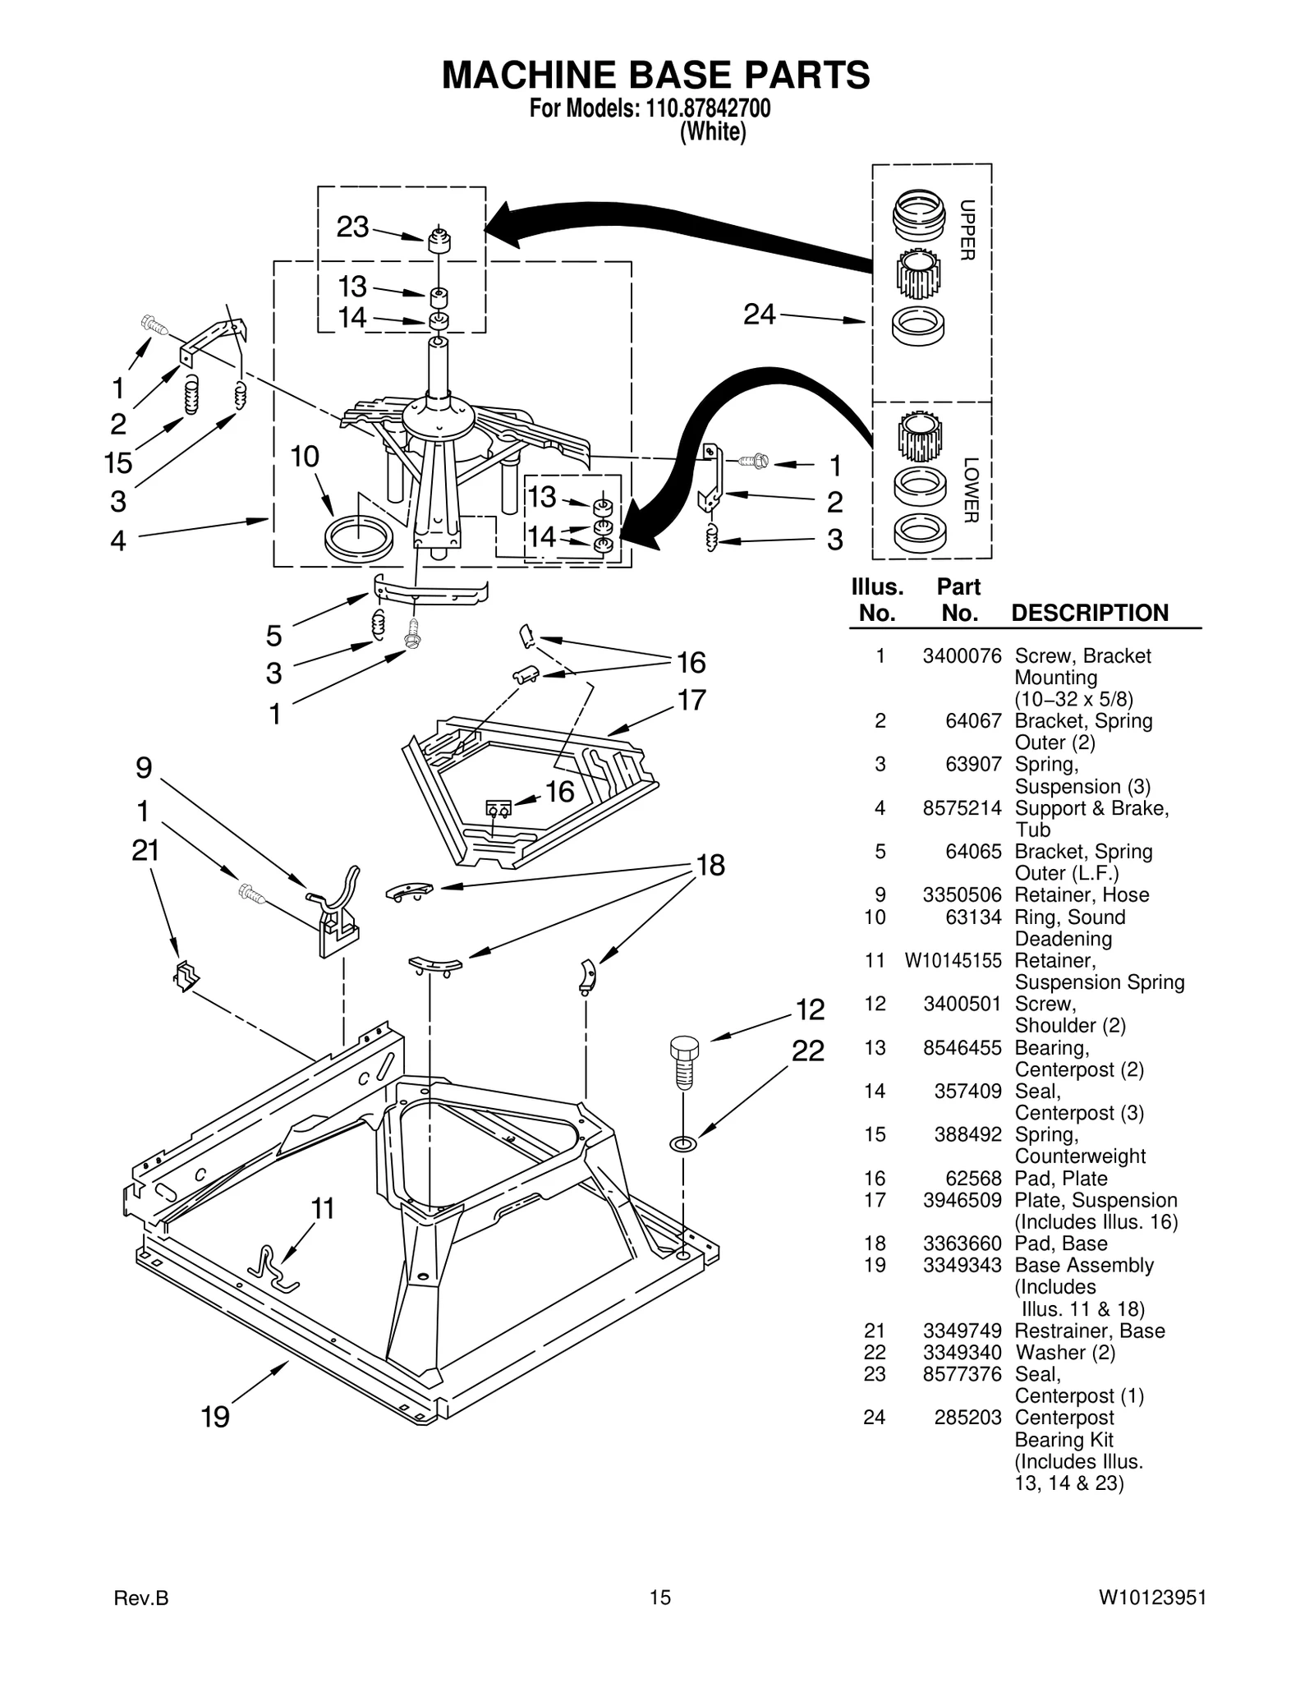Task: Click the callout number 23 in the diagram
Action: pyautogui.click(x=352, y=227)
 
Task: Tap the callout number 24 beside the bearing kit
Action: pyautogui.click(x=759, y=314)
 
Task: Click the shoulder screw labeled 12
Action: pyautogui.click(x=683, y=1061)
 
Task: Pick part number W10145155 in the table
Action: pyautogui.click(x=953, y=960)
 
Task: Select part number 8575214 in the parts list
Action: pyautogui.click(x=962, y=808)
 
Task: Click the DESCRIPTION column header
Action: pyautogui.click(x=1089, y=613)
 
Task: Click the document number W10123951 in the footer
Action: pyautogui.click(x=1152, y=1598)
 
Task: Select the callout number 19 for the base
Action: pyautogui.click(x=215, y=1417)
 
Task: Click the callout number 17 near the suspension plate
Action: pyautogui.click(x=691, y=700)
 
